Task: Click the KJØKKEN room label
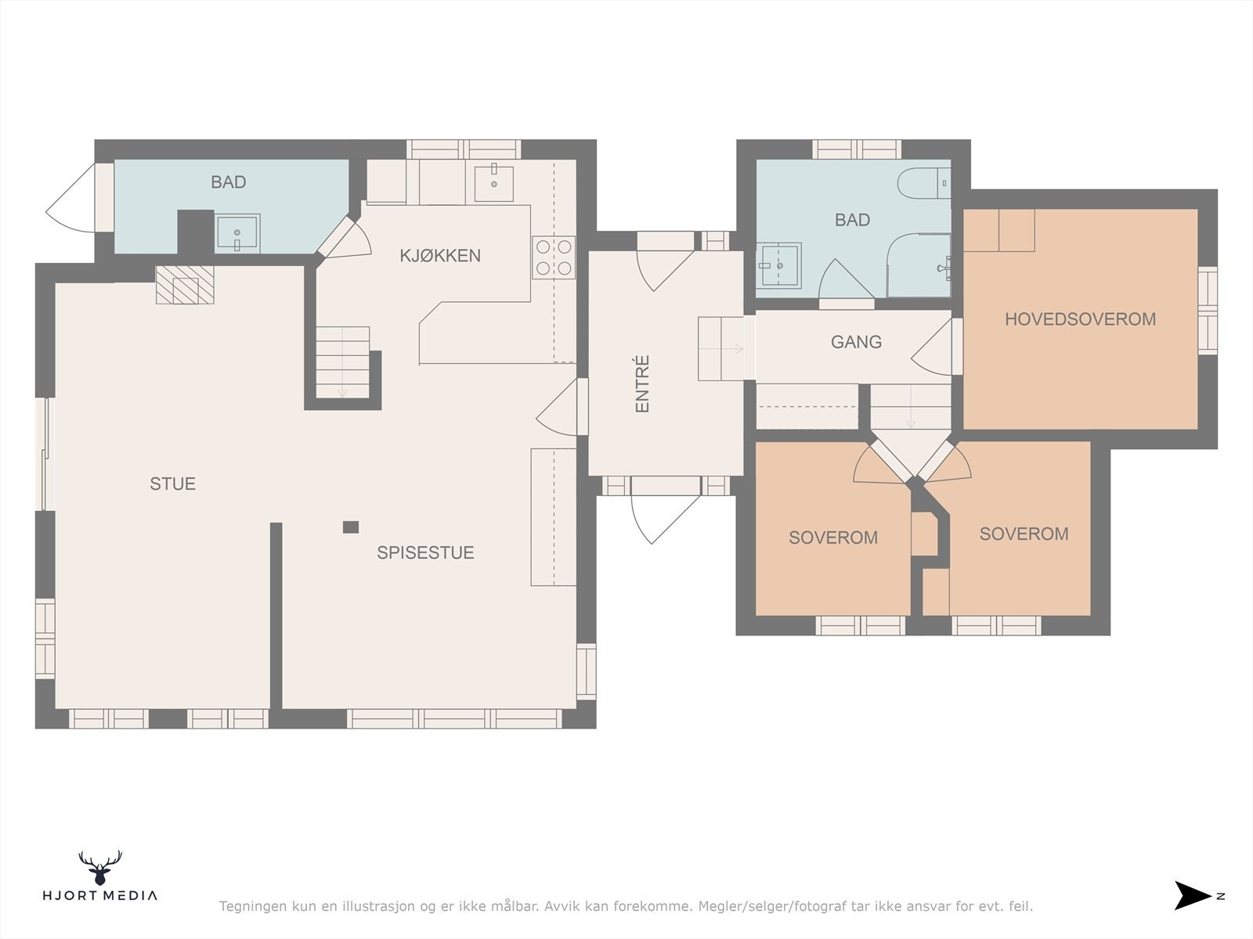click(440, 255)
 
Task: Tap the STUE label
click(172, 484)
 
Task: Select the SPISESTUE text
click(425, 552)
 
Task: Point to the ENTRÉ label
click(642, 383)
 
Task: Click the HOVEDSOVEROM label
click(1080, 318)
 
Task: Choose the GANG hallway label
click(856, 341)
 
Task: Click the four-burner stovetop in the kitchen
click(554, 257)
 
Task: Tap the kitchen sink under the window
click(494, 182)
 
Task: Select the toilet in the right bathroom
click(923, 183)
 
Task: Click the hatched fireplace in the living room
click(185, 285)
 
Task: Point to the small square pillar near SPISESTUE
click(351, 527)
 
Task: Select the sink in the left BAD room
click(237, 233)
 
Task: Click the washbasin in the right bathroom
click(778, 266)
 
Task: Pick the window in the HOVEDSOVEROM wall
click(1208, 310)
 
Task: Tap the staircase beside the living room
click(342, 362)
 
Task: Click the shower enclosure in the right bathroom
click(919, 265)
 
